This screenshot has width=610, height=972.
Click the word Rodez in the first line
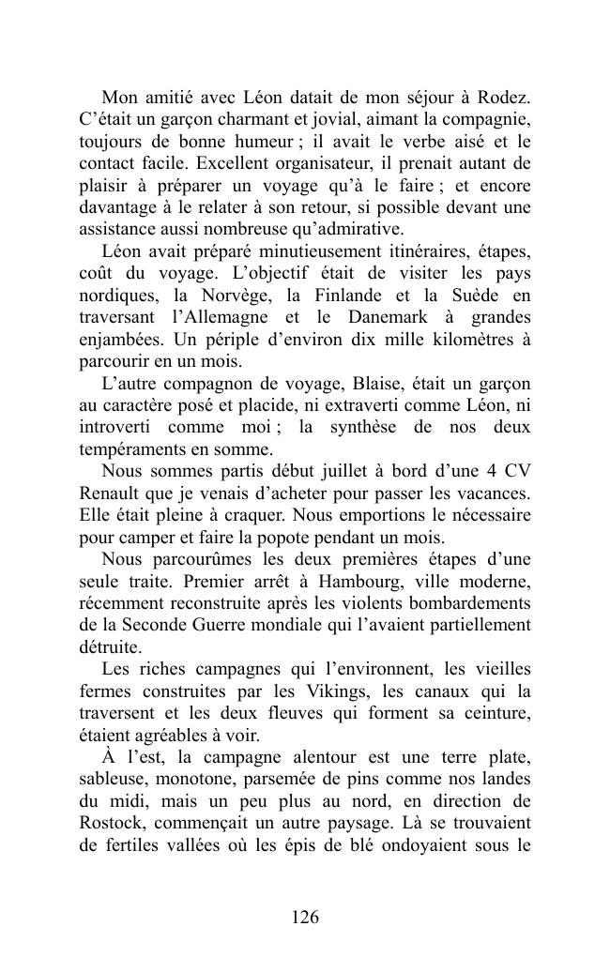point(503,98)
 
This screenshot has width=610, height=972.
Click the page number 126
point(305,918)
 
